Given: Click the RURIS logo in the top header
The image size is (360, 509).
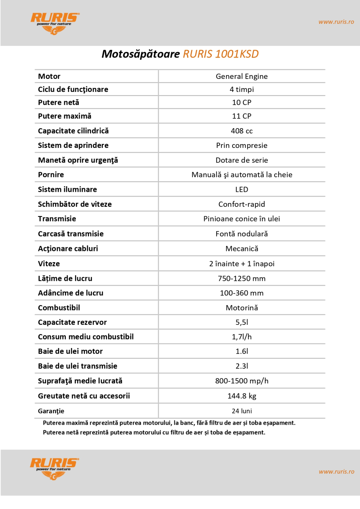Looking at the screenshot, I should pos(55,23).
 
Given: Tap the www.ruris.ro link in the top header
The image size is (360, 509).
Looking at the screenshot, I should pos(336,22).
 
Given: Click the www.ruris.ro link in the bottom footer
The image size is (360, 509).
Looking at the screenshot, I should pos(336,471).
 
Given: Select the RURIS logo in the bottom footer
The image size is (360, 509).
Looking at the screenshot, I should pos(54,469).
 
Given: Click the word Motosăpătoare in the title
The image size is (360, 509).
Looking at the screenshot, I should pos(141,54).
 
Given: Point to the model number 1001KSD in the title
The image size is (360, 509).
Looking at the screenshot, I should pos(237,54).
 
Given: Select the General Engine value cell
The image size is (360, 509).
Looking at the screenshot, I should pos(242,76).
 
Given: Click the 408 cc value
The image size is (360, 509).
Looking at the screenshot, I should pos(242,131).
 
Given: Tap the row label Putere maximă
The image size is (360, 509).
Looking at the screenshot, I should pos(65,116).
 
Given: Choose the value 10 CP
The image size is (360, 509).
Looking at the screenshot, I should pos(242,102).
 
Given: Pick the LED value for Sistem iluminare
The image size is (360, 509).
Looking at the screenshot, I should pos(242,190).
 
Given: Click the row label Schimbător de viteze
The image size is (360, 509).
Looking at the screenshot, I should pos(75,204).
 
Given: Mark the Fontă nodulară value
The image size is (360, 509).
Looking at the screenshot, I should pos(242,234).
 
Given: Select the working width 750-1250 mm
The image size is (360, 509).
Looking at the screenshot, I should pos(242,278).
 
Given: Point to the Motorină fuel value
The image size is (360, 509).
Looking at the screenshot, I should pos(242,308).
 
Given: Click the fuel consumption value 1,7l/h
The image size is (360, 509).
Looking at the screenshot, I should pos(242,337).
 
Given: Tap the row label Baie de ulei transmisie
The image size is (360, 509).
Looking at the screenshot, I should pos(78,366).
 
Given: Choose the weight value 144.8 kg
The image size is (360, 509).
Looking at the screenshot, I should pos(242,396).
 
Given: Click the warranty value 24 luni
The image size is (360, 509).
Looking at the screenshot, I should pos(242,411).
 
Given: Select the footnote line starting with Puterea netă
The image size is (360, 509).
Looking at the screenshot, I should pos(154,432).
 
